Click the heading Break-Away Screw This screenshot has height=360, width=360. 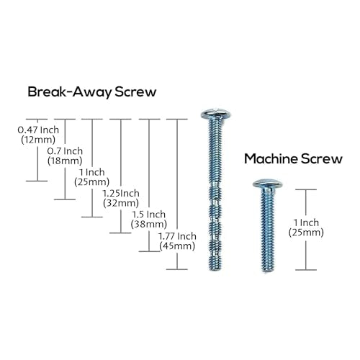coord(92,92)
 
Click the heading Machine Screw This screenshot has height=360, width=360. coord(293,158)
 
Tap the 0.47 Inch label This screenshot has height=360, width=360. coord(38,130)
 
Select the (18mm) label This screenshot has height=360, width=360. coord(65,161)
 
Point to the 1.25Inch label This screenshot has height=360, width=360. coord(121,193)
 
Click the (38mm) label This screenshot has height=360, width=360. coord(149,224)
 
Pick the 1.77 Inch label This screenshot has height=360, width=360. coord(177,236)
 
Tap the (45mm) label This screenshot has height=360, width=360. coord(177,246)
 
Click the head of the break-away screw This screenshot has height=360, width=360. coord(216,114)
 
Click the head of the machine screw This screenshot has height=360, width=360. coord(268,184)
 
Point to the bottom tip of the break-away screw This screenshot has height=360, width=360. coord(215,270)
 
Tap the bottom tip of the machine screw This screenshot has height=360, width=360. coord(267,271)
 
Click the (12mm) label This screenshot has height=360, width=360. coord(38,140)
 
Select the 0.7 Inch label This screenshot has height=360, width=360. coord(65,151)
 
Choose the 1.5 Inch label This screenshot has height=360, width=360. coord(149,215)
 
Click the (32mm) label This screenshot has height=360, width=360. coord(121,203)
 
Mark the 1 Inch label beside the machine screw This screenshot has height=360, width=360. coord(306,222)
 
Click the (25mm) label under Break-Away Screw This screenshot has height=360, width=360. coord(92,182)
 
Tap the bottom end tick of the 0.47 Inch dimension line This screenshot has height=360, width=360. coord(37,181)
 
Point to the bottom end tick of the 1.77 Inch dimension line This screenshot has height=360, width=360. coord(177,269)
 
